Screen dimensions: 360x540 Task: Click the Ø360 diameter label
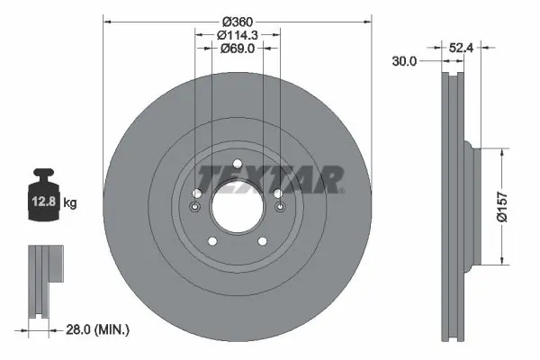[238, 21]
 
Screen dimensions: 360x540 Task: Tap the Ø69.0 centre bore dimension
[238, 49]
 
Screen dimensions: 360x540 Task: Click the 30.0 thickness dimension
[404, 61]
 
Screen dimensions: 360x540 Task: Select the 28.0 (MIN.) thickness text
[98, 331]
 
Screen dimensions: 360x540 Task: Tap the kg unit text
[70, 203]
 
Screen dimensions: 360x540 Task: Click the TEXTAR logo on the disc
[270, 179]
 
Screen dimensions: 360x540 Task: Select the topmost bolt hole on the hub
[238, 163]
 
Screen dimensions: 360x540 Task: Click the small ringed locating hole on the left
[194, 210]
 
